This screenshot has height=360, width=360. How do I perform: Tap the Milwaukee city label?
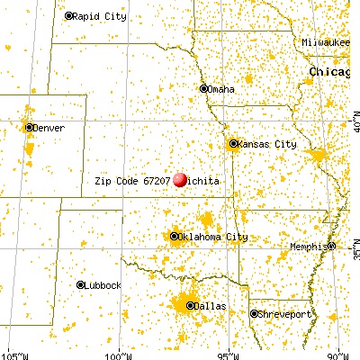coord(325,42)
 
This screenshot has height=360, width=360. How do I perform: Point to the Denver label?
coord(50,128)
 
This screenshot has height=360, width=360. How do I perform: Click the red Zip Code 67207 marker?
coord(181,180)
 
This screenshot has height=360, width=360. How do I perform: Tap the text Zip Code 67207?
coord(133,180)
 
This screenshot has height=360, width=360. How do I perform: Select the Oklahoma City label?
coord(212,237)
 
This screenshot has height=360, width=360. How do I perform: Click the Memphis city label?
coord(308,247)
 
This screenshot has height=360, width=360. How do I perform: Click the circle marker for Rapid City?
coord(70,16)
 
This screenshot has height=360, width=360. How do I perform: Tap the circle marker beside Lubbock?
coord(80,284)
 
